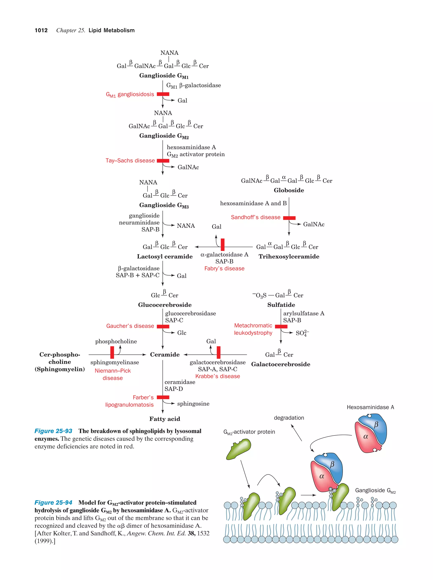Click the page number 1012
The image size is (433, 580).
[x=41, y=30]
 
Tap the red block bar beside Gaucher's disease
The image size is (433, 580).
[x=163, y=327]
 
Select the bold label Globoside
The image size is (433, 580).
[x=289, y=190]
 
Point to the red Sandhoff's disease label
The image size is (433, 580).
[x=255, y=217]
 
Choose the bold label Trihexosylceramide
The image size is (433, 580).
[x=289, y=256]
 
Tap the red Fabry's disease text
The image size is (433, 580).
[x=224, y=269]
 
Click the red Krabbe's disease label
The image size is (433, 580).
[x=217, y=376]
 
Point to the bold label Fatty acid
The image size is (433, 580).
[x=164, y=419]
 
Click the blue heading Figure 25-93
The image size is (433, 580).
[x=53, y=431]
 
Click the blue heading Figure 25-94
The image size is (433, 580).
[x=53, y=503]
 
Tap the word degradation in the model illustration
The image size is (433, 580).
[x=289, y=418]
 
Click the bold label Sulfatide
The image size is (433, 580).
[x=281, y=305]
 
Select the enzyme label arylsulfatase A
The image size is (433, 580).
[x=304, y=313]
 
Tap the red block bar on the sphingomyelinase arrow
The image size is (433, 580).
[x=112, y=352]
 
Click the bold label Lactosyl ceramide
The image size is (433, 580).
[x=164, y=256]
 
